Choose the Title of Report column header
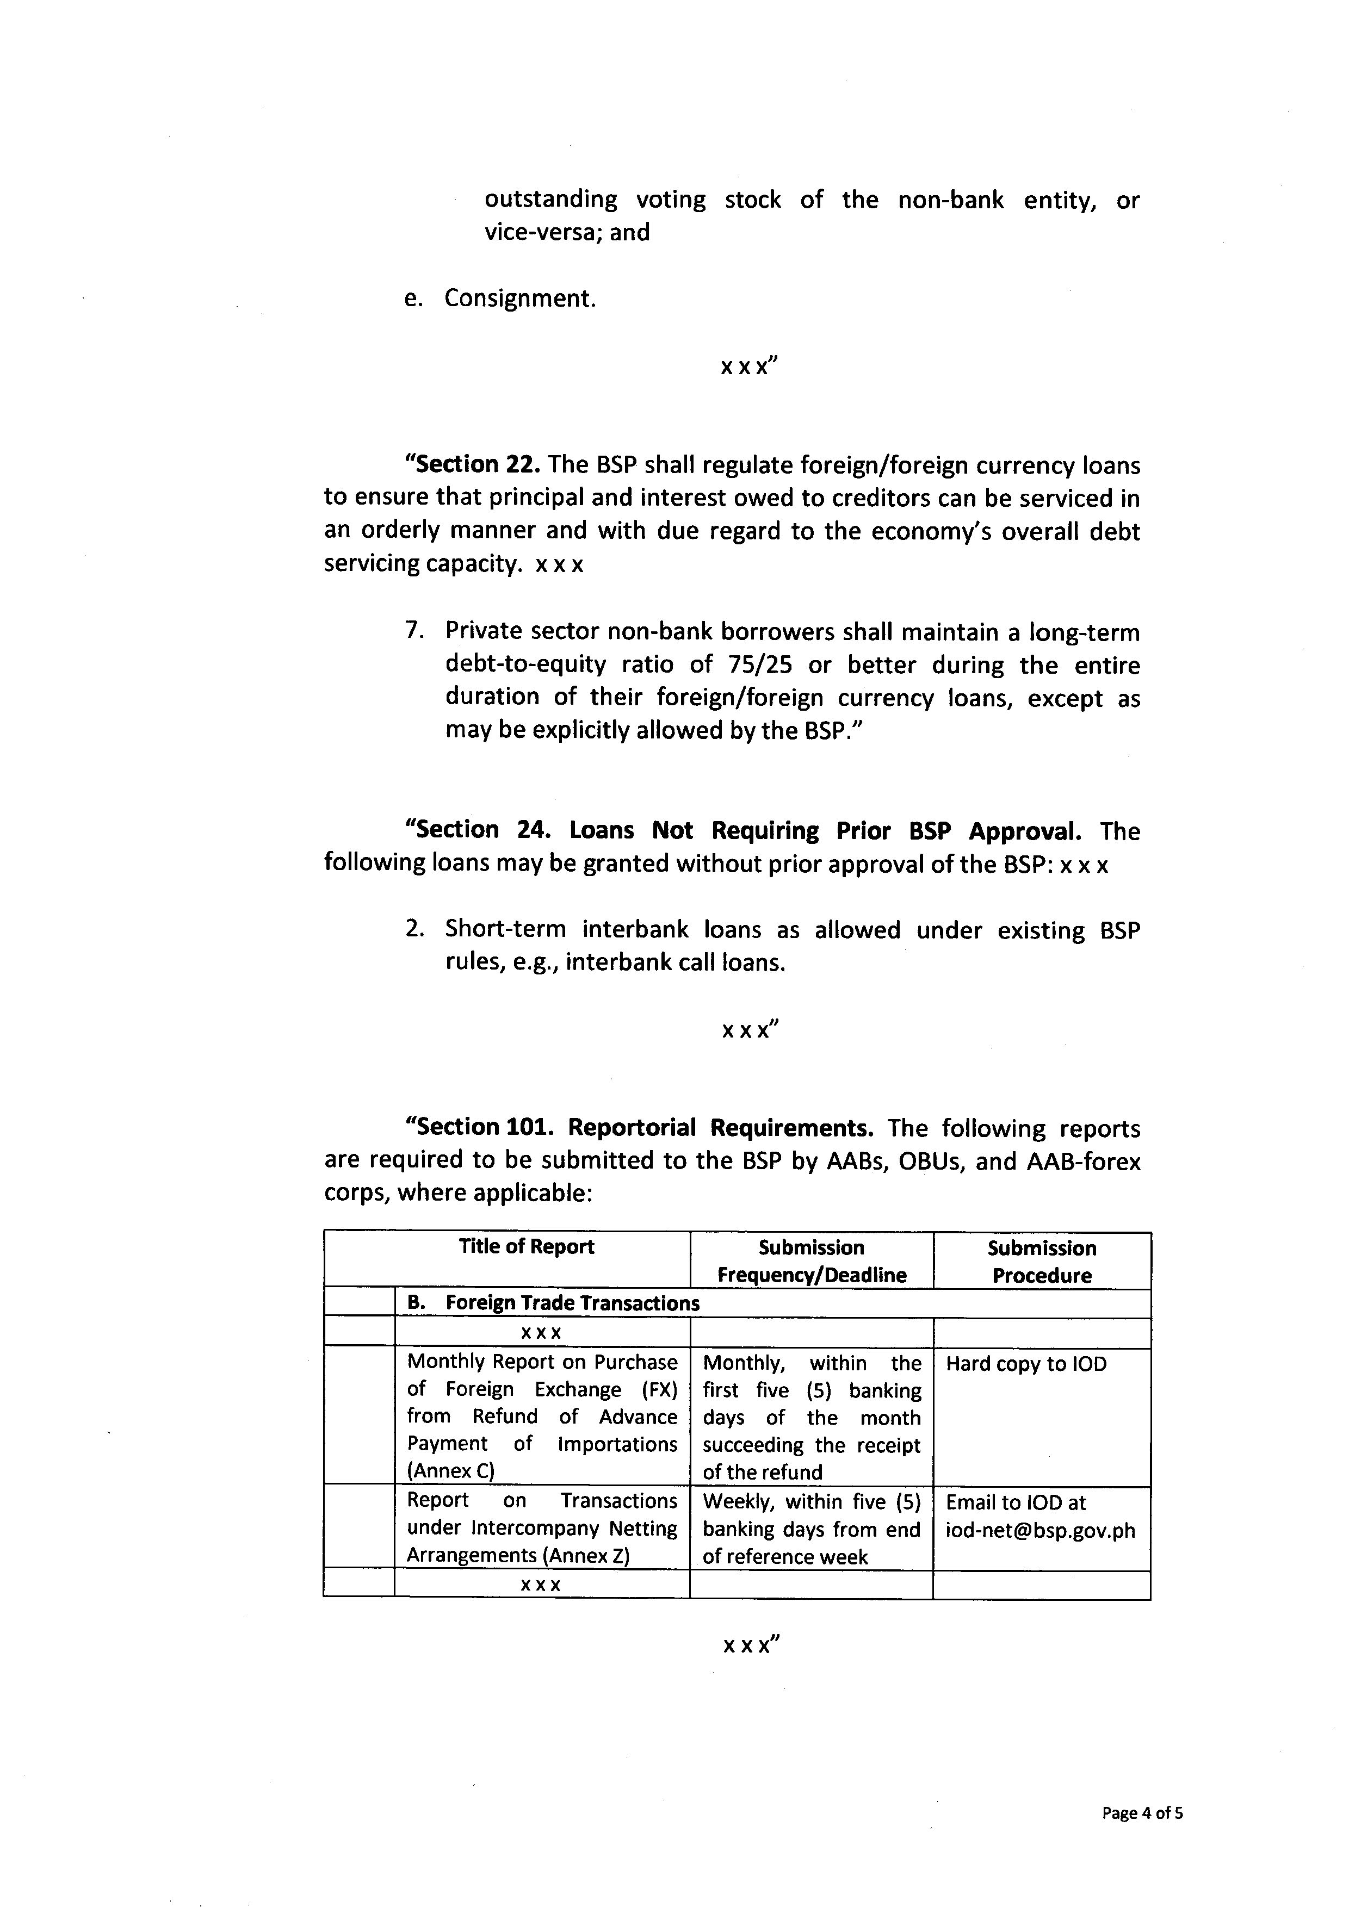coord(526,1247)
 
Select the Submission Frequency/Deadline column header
coord(812,1261)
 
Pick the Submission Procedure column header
coord(1042,1262)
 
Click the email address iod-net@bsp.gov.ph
coord(1040,1531)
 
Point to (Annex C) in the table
coord(450,1471)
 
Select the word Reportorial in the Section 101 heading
coord(632,1128)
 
